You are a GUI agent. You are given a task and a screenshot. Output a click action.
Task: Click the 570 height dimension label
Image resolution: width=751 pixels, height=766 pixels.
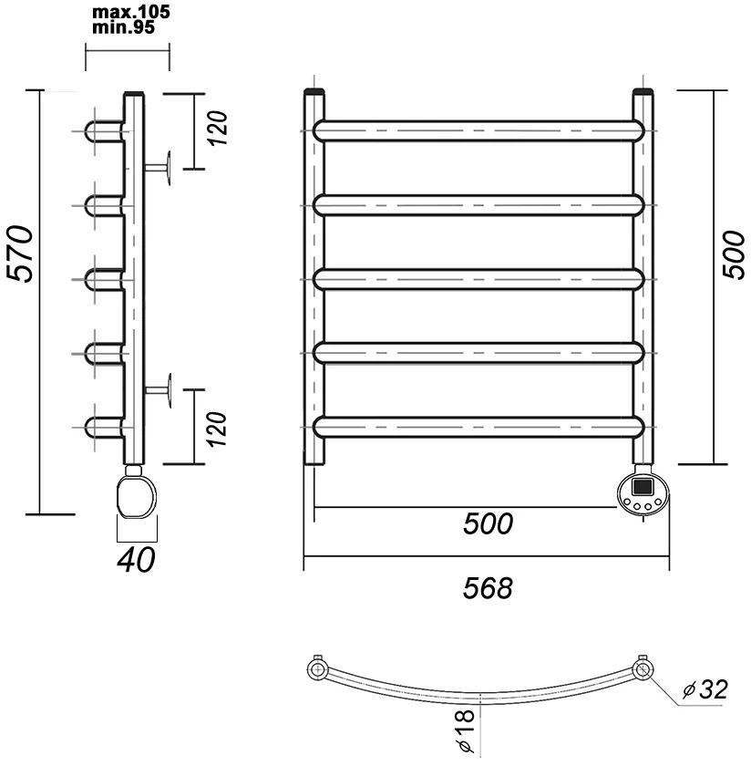tap(21, 254)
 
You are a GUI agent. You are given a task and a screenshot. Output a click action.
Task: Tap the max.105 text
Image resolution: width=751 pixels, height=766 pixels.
tap(131, 12)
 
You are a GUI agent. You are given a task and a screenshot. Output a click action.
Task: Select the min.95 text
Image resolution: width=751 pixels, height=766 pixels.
tap(124, 27)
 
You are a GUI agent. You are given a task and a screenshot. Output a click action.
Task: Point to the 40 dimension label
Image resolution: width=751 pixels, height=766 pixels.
tap(136, 560)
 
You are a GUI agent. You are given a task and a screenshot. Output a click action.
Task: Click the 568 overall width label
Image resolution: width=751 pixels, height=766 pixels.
tap(488, 587)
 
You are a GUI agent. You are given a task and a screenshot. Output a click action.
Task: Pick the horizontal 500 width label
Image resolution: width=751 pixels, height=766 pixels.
tap(488, 523)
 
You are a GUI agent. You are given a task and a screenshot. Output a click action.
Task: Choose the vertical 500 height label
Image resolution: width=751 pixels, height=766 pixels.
tap(734, 254)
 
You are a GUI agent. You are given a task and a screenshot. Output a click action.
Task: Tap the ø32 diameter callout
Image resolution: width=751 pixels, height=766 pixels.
tap(705, 689)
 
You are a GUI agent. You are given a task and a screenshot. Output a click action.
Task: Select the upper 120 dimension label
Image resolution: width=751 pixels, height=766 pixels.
tap(217, 128)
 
